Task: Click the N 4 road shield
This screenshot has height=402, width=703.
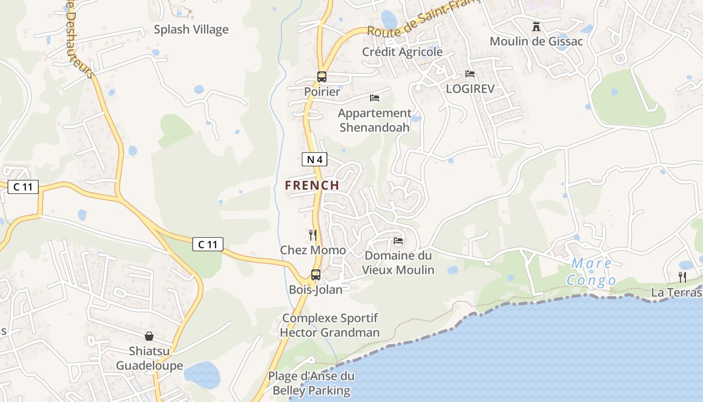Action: tap(315, 160)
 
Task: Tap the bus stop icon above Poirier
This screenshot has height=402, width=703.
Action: tap(322, 77)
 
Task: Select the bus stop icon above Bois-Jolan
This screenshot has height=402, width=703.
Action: tap(316, 275)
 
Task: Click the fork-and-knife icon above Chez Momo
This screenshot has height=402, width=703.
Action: tap(313, 235)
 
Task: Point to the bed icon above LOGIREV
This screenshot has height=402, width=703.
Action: tap(470, 74)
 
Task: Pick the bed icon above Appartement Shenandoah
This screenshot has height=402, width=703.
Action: tap(375, 97)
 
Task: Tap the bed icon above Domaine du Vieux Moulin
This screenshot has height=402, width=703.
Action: tap(398, 241)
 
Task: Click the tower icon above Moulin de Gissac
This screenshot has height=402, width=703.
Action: tap(536, 26)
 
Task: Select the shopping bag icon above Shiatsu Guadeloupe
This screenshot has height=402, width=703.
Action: tap(149, 336)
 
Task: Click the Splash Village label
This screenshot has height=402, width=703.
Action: tap(191, 30)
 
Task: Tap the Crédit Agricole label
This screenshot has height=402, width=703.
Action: tap(402, 52)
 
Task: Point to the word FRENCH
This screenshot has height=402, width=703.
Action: tap(312, 185)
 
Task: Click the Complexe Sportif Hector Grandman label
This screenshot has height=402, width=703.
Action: tap(329, 325)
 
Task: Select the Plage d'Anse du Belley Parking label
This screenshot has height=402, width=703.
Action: tap(310, 383)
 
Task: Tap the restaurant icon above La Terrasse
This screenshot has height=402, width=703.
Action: tap(682, 277)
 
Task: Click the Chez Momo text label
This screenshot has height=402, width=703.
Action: tap(313, 250)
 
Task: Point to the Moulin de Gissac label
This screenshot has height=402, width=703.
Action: tap(536, 41)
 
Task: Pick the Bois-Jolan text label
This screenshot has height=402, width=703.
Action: tap(316, 290)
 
